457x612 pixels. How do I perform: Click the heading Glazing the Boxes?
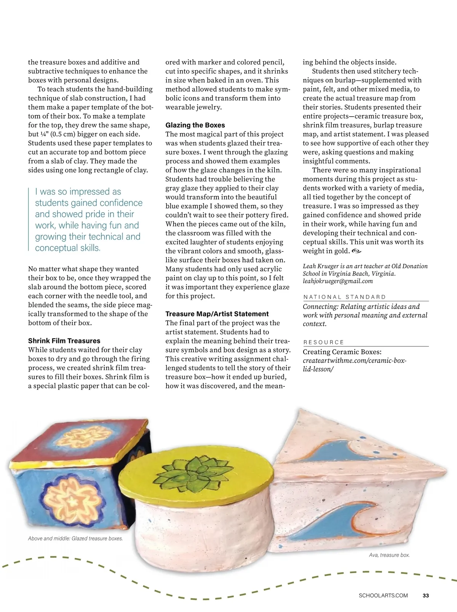pyautogui.click(x=195, y=125)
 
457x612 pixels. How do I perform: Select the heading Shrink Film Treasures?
pyautogui.click(x=64, y=341)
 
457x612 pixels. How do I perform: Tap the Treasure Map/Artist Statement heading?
pyautogui.click(x=217, y=314)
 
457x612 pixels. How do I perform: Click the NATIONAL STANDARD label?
pyautogui.click(x=345, y=297)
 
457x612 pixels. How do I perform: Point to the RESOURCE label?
pyautogui.click(x=324, y=342)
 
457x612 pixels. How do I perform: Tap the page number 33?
pyautogui.click(x=426, y=595)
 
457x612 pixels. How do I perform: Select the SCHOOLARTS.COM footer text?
pyautogui.click(x=383, y=595)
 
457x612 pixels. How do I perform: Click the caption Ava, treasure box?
pyautogui.click(x=389, y=555)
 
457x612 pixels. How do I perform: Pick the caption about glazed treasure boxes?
pyautogui.click(x=75, y=538)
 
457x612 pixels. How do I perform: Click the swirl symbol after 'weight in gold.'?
pyautogui.click(x=356, y=251)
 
